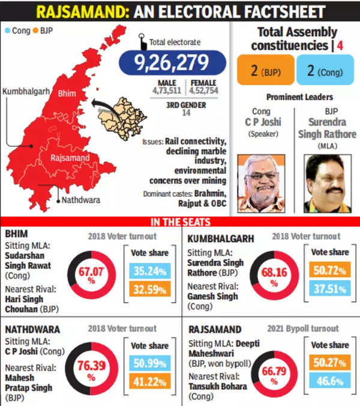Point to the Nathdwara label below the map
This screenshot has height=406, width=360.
(x=81, y=199)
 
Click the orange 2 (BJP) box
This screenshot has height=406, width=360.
(x=266, y=70)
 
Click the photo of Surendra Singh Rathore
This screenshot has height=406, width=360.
(x=328, y=183)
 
